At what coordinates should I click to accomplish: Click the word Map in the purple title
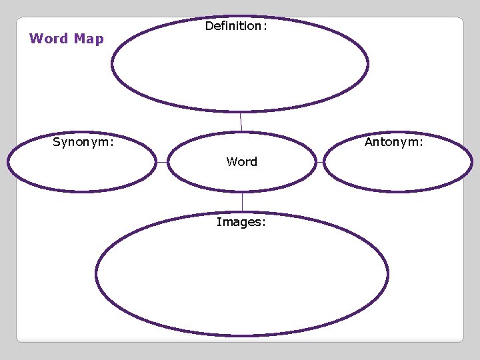(x=89, y=39)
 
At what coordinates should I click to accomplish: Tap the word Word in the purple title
(x=49, y=39)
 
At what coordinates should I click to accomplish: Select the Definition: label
(x=236, y=26)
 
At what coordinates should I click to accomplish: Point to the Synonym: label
(x=83, y=142)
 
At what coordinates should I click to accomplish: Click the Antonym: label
(x=394, y=142)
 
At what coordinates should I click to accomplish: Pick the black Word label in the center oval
(x=241, y=162)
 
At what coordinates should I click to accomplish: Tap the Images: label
(x=241, y=222)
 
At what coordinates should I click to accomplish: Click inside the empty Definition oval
(x=240, y=70)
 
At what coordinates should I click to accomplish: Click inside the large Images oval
(x=241, y=280)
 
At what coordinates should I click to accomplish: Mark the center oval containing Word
(x=241, y=177)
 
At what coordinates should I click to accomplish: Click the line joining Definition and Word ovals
(x=241, y=121)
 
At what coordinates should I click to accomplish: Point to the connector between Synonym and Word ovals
(x=161, y=162)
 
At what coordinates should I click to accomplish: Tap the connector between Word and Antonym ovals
(x=319, y=162)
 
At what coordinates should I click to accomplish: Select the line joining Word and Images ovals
(x=242, y=202)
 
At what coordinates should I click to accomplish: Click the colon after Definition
(x=265, y=27)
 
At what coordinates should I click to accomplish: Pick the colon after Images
(x=264, y=223)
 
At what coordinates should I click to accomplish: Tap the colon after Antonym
(x=421, y=143)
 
